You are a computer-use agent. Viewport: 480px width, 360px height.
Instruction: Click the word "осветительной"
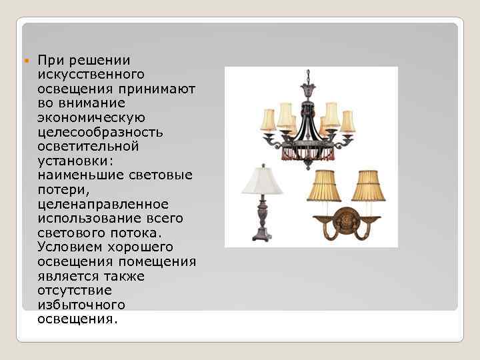(88, 146)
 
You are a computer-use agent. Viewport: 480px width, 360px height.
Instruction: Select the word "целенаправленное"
(103, 203)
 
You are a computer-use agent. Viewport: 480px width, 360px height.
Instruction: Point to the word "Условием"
(70, 247)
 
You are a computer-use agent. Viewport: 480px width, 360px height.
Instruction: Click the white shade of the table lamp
(262, 180)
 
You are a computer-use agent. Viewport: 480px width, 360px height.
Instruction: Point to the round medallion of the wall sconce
(345, 220)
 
